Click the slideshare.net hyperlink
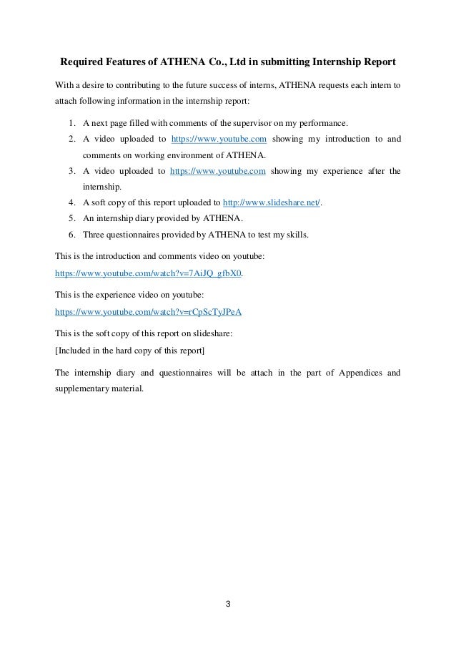pyautogui.click(x=272, y=203)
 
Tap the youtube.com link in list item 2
pyautogui.click(x=217, y=138)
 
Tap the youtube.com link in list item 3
pyautogui.click(x=217, y=171)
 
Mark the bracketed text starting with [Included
pyautogui.click(x=129, y=350)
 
